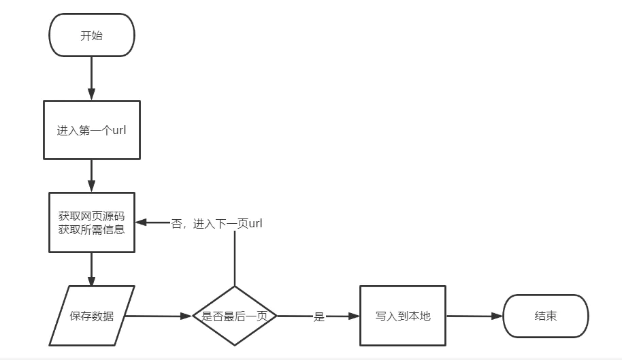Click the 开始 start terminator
pyautogui.click(x=91, y=36)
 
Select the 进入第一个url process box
pyautogui.click(x=91, y=130)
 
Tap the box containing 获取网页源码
pyautogui.click(x=91, y=223)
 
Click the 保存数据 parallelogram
pyautogui.click(x=92, y=316)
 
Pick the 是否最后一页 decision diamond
pyautogui.click(x=235, y=316)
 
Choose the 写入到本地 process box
pyautogui.click(x=403, y=316)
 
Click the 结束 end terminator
pyautogui.click(x=545, y=316)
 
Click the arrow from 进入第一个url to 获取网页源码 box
pyautogui.click(x=91, y=176)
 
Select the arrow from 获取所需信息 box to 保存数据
pyautogui.click(x=91, y=269)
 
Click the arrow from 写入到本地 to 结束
pyautogui.click(x=474, y=316)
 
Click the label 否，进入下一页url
pyautogui.click(x=217, y=223)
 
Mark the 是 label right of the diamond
pyautogui.click(x=318, y=317)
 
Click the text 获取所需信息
pyautogui.click(x=91, y=230)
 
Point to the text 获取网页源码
pyautogui.click(x=91, y=216)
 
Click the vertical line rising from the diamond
pyautogui.click(x=235, y=259)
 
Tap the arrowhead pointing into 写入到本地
pyautogui.click(x=354, y=316)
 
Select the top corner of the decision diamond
pyautogui.click(x=235, y=287)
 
